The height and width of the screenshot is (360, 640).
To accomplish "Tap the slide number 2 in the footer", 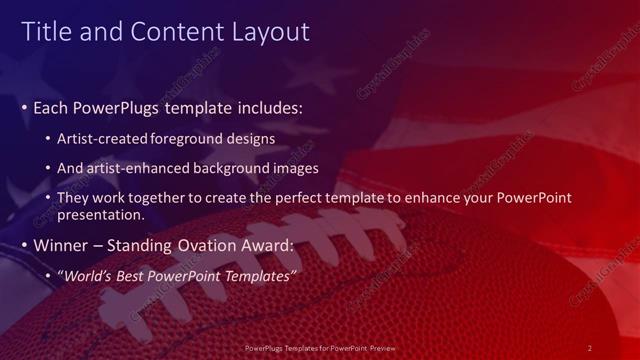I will click(590, 347).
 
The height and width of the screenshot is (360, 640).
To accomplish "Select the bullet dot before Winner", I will click(25, 246).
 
